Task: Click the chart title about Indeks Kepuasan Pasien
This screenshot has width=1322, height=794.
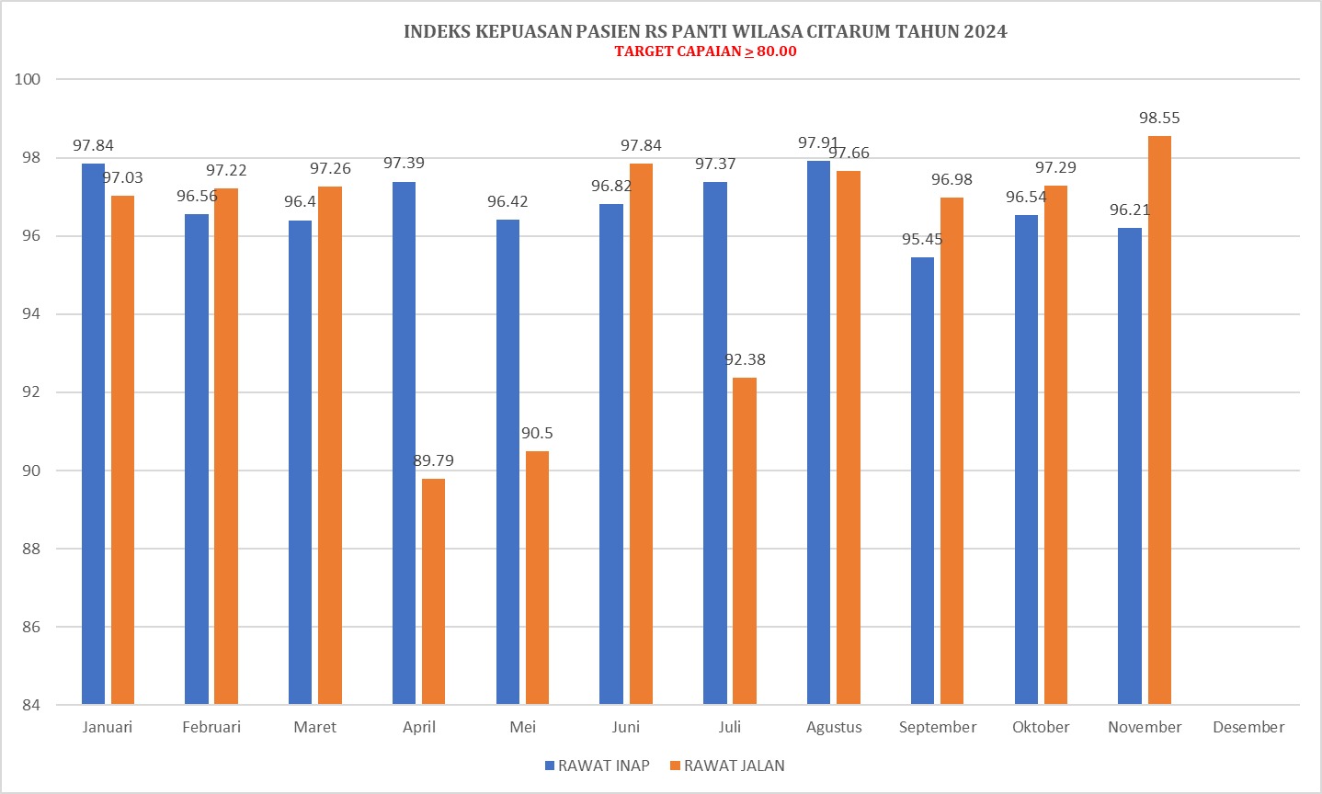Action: [x=705, y=31]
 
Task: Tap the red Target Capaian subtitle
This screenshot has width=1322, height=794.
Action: [x=705, y=51]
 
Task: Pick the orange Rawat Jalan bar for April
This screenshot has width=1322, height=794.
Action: [x=433, y=592]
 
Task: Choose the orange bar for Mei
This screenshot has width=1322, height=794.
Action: [x=537, y=578]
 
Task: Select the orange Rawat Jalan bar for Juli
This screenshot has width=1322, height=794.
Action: [x=745, y=541]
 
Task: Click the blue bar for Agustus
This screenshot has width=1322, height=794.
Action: [x=818, y=433]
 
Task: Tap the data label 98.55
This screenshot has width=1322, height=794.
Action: [x=1159, y=119]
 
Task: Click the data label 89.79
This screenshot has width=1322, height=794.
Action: [x=433, y=461]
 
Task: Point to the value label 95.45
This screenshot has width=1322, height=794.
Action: [x=922, y=240]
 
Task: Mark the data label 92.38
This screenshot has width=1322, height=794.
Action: [x=745, y=360]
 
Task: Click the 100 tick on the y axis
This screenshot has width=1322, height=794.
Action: [x=28, y=79]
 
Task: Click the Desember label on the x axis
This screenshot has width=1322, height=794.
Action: [x=1248, y=728]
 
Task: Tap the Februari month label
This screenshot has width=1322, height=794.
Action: [x=211, y=728]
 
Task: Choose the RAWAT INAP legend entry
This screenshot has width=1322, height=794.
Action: [x=597, y=766]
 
